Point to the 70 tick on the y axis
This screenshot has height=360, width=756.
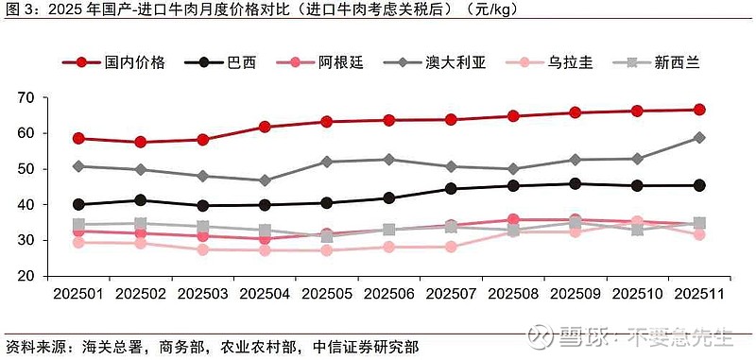click(x=52, y=98)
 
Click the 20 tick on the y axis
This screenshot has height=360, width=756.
click(x=52, y=276)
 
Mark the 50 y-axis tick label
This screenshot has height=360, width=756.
click(x=52, y=169)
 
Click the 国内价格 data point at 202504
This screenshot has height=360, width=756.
click(x=265, y=127)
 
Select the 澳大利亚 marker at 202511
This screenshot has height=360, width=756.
click(x=699, y=137)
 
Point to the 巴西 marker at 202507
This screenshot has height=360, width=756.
click(x=451, y=189)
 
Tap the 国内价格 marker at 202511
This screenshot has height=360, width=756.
click(x=699, y=110)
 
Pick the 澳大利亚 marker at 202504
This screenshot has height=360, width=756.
click(x=265, y=180)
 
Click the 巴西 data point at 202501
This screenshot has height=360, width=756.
click(x=78, y=204)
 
